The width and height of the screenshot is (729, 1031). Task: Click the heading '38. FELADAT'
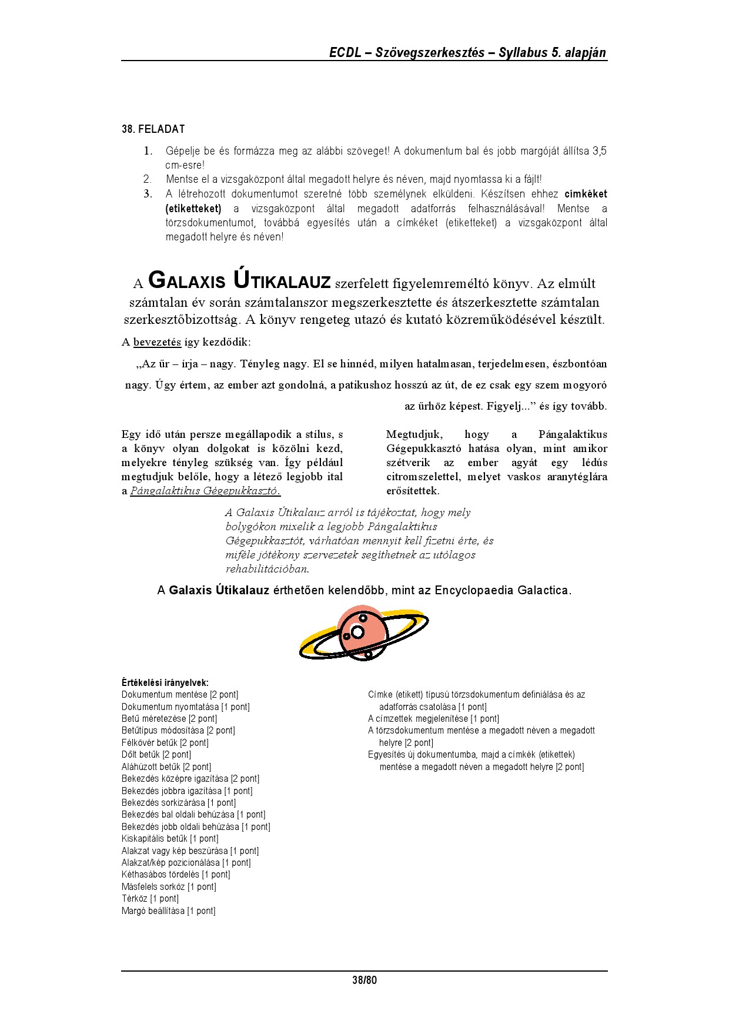pyautogui.click(x=153, y=129)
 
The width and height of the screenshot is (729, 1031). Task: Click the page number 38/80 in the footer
pyautogui.click(x=364, y=980)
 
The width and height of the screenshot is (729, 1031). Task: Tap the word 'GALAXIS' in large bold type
pyautogui.click(x=186, y=281)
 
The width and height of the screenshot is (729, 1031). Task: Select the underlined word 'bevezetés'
pyautogui.click(x=157, y=342)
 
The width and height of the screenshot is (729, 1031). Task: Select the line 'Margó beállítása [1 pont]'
pyautogui.click(x=169, y=911)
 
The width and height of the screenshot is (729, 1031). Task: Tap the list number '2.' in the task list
pyautogui.click(x=148, y=179)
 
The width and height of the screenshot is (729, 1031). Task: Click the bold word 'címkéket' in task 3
pyautogui.click(x=586, y=194)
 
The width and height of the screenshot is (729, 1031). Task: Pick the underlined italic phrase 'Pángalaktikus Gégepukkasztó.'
pyautogui.click(x=205, y=491)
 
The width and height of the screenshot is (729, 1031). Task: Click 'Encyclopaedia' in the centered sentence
pyautogui.click(x=474, y=590)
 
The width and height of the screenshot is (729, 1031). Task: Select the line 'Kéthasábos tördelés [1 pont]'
pyautogui.click(x=176, y=874)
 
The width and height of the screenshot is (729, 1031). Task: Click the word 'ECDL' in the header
pyautogui.click(x=345, y=52)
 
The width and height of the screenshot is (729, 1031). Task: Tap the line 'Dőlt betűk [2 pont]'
pyautogui.click(x=156, y=754)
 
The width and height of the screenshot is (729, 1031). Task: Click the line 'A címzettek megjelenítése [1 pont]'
pyautogui.click(x=433, y=718)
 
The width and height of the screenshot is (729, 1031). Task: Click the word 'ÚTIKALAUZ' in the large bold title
pyautogui.click(x=282, y=281)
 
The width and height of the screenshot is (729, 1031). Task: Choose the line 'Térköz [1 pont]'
pyautogui.click(x=150, y=898)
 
